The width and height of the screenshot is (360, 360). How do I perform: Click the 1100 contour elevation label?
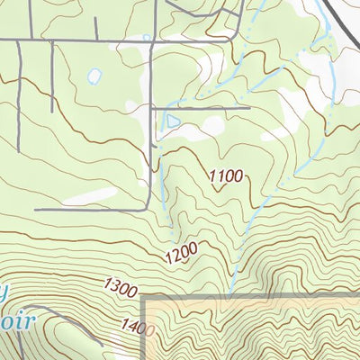point(226,176)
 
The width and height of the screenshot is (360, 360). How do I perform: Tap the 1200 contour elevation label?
point(181,256)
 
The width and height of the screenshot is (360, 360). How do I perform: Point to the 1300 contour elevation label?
point(120,288)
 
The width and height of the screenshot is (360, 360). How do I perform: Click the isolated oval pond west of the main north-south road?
point(94,77)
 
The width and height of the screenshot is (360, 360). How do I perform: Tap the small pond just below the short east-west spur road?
point(173,120)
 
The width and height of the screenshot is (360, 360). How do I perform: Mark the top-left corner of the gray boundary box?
point(145,295)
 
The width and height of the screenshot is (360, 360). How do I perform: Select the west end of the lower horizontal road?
point(36,210)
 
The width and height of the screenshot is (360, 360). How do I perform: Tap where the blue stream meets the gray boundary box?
point(231,294)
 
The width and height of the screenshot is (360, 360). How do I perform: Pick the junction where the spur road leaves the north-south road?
point(155,108)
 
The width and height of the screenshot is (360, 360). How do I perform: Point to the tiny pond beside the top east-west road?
point(145,37)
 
